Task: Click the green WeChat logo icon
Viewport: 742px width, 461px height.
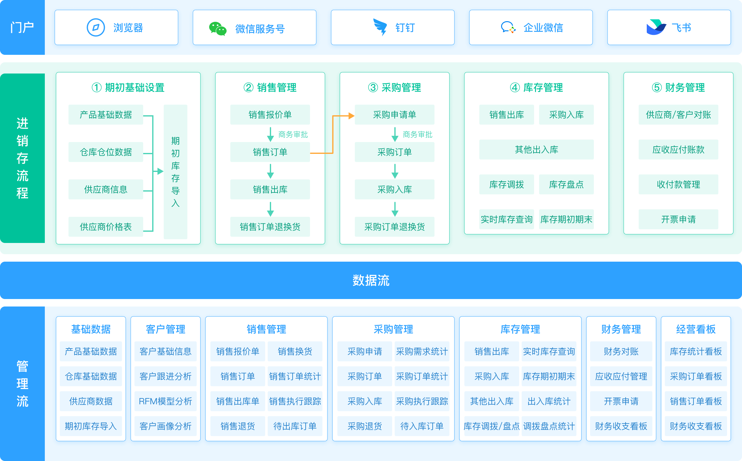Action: click(218, 29)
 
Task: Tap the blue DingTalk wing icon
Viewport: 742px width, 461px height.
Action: click(380, 27)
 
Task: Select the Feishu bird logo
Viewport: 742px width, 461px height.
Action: click(656, 27)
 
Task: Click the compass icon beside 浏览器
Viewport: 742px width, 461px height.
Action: click(96, 27)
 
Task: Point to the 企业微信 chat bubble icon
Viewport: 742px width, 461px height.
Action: click(508, 27)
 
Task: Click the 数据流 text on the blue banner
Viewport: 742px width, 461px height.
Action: click(371, 280)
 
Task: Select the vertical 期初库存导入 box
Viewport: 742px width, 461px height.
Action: click(176, 172)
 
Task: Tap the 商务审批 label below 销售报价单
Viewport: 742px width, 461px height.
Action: click(293, 135)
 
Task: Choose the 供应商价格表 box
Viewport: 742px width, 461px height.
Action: click(106, 227)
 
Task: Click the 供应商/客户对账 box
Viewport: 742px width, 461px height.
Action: click(678, 115)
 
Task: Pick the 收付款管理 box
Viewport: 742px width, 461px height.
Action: click(678, 184)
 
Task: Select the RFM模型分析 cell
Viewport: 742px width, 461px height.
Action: click(165, 401)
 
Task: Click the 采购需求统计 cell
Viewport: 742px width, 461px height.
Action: click(422, 351)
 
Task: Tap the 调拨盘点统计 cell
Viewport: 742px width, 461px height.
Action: click(549, 426)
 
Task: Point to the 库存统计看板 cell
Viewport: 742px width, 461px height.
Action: click(696, 351)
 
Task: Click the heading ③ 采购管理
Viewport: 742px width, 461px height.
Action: click(394, 88)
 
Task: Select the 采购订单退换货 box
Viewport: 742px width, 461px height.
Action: click(394, 227)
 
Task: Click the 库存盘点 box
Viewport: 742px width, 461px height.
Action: click(566, 184)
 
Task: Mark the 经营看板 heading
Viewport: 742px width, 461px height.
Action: click(696, 329)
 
